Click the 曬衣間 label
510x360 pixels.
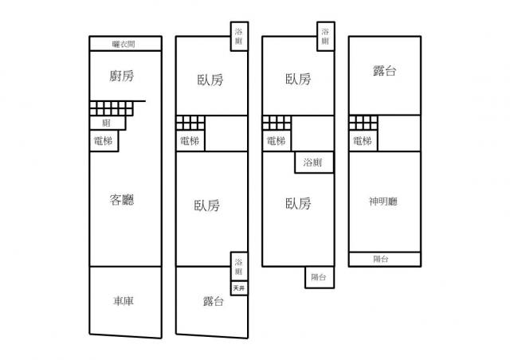(x=124, y=44)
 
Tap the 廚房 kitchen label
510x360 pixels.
(x=121, y=76)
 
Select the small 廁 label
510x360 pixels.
(x=106, y=123)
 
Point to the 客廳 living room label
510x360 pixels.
(x=122, y=199)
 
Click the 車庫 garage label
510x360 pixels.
(x=124, y=301)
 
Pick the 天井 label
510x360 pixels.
(x=239, y=288)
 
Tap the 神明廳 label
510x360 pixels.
(x=382, y=202)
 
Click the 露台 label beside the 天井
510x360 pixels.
(x=213, y=301)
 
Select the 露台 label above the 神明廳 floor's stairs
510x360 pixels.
(x=384, y=71)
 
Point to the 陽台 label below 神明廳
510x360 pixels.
(x=380, y=259)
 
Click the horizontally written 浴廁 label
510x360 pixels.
(x=312, y=162)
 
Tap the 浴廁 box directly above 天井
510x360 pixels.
(x=239, y=266)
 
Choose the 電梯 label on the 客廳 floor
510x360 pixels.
(x=103, y=141)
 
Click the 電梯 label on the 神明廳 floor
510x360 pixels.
(x=363, y=141)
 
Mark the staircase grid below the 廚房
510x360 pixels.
(x=112, y=108)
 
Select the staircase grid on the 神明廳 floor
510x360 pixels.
(x=363, y=123)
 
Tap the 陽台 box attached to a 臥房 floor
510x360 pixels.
(x=320, y=277)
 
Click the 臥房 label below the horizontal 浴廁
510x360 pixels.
(x=298, y=204)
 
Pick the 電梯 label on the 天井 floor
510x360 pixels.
(x=190, y=141)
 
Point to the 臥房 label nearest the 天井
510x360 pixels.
(x=207, y=205)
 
